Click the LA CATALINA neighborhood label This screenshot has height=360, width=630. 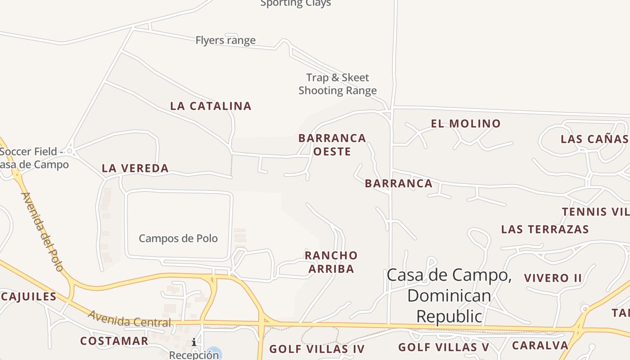point(211,106)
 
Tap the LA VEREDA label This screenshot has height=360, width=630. point(135,169)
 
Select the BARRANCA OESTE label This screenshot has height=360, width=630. point(332,144)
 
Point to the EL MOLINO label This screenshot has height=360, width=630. point(466,124)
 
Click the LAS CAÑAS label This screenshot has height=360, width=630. point(594,139)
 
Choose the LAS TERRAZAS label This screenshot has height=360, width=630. point(545,229)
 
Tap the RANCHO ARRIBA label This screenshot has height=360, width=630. point(331,262)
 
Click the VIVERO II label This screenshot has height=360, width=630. point(553,278)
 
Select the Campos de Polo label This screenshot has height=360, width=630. point(178,238)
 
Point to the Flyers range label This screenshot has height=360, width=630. point(225,40)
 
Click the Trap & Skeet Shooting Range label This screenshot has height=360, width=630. point(337,84)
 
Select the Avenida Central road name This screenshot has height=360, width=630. point(130,319)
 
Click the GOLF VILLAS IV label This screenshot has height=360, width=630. point(317,349)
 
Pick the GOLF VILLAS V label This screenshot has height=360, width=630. point(444,347)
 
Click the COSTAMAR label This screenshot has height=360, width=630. point(114,341)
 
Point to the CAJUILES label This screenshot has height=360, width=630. point(28,297)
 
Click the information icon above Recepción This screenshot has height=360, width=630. point(194,342)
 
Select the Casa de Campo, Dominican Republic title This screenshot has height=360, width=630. point(449,296)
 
